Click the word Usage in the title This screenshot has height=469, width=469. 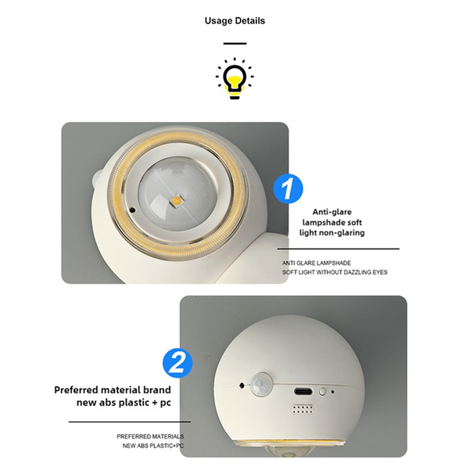(x=220, y=21)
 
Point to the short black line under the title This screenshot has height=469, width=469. (x=234, y=44)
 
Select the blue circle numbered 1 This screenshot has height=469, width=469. (x=287, y=188)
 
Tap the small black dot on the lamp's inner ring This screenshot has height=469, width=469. (x=131, y=210)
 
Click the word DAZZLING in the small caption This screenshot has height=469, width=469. (x=354, y=272)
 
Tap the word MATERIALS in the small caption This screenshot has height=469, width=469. (x=166, y=436)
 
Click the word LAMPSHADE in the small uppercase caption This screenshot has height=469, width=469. (x=329, y=263)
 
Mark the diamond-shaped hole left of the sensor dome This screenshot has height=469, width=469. (x=242, y=385)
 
